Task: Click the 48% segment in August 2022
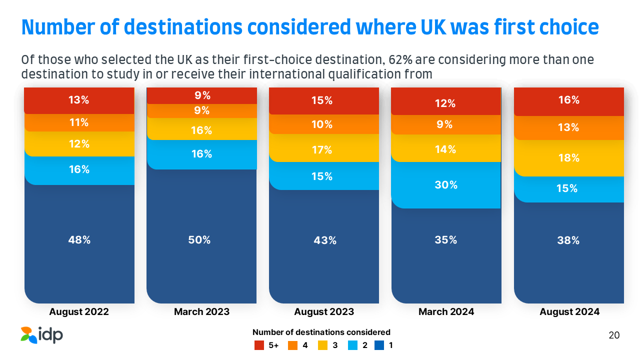[x=79, y=240]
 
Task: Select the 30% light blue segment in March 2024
[x=446, y=185]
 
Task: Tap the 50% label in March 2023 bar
[x=199, y=240]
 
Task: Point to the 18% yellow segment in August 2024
[x=569, y=158]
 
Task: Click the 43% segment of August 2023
[x=324, y=240]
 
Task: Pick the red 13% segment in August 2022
[x=79, y=100]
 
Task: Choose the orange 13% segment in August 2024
[x=569, y=128]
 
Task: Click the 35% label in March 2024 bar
[x=445, y=240]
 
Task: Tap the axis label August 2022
[x=79, y=312]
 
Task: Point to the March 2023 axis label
[x=201, y=312]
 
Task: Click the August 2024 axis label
[x=569, y=312]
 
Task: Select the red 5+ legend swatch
[x=259, y=345]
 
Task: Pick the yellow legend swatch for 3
[x=322, y=345]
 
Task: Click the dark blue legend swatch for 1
[x=379, y=345]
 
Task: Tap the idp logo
[x=42, y=334]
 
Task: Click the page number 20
[x=614, y=335]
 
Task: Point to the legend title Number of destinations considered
[x=321, y=332]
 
